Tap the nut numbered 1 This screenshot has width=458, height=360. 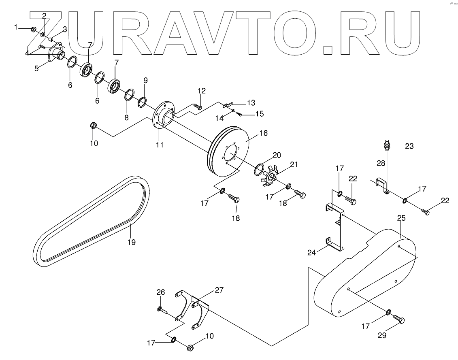[34, 29]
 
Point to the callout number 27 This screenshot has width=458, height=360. [219, 290]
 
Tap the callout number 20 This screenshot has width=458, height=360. [277, 155]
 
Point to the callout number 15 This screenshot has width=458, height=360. [259, 114]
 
